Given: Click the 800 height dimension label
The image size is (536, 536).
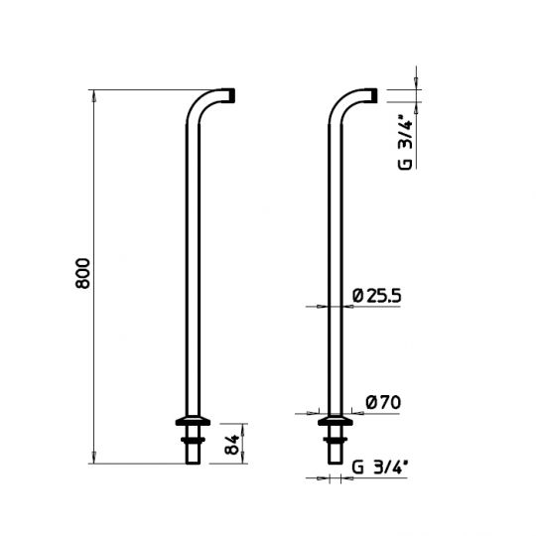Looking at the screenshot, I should click(x=83, y=274).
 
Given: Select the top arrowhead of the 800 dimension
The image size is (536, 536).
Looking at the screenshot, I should click(x=94, y=93).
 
